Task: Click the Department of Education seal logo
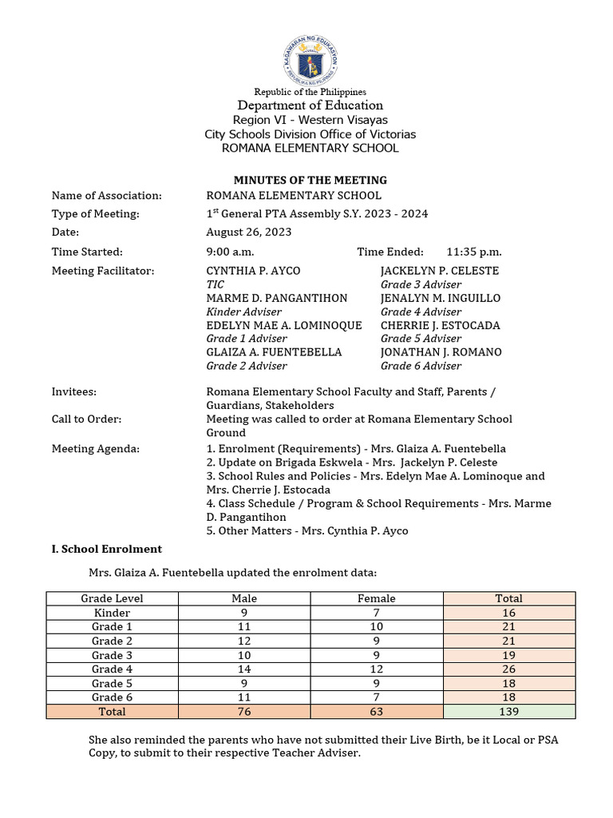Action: (310, 57)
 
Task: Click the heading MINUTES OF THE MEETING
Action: (310, 180)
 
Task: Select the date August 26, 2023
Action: (249, 232)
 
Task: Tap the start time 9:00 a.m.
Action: (229, 252)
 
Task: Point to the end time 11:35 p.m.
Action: (474, 252)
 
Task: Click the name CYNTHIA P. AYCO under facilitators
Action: (253, 271)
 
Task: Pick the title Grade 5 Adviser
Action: (421, 339)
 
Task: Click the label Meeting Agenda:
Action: (95, 449)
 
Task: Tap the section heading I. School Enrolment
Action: (106, 549)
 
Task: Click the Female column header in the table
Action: (377, 598)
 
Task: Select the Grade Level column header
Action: (112, 598)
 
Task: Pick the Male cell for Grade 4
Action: (244, 669)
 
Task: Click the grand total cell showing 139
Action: (508, 711)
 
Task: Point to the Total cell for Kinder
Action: (508, 612)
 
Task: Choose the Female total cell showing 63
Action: (377, 711)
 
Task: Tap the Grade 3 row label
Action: (112, 655)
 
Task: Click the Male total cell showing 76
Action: (244, 711)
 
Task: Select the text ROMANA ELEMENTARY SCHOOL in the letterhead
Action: (310, 148)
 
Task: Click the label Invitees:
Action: (74, 392)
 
